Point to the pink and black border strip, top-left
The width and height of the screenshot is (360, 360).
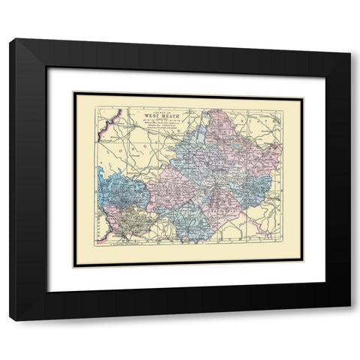click(x=112, y=119)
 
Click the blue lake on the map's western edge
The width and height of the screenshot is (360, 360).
click(x=100, y=180)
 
